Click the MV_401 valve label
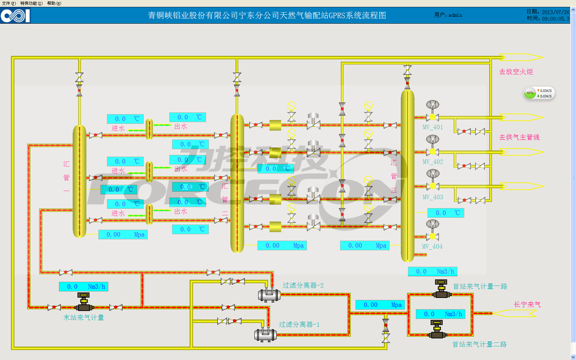[433, 127]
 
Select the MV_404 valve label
[432, 247]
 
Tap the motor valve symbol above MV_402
[433, 140]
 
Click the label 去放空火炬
[516, 72]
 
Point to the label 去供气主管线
[519, 137]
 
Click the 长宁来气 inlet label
[527, 304]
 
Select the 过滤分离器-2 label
[303, 285]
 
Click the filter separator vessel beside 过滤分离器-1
[265, 334]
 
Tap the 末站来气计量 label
[84, 318]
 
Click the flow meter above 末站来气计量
[84, 302]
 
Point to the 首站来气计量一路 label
[480, 286]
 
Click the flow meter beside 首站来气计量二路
[437, 330]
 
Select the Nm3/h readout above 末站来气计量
[84, 287]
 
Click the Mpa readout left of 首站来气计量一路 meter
[380, 305]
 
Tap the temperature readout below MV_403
[446, 213]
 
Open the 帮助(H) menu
[54, 3]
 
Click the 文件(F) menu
[9, 3]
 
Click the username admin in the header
[455, 15]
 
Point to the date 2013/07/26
[555, 12]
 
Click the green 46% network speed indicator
[530, 93]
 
